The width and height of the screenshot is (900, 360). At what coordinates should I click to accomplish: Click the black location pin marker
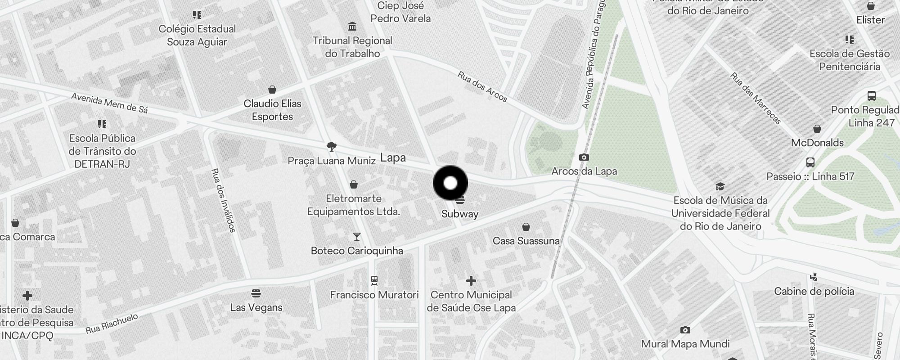click(x=450, y=183)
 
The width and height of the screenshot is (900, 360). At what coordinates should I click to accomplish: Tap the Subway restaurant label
click(x=459, y=214)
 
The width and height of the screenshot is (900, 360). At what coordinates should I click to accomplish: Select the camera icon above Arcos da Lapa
click(x=584, y=157)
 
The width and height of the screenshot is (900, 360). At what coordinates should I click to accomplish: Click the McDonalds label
click(x=817, y=143)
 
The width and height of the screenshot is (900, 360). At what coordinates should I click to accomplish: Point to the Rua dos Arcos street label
click(x=482, y=86)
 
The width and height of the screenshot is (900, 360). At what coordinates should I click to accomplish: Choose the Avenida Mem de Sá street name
click(x=109, y=103)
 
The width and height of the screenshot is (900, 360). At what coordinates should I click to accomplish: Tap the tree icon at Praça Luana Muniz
click(x=332, y=146)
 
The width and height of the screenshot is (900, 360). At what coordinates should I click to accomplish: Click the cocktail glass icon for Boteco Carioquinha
click(x=357, y=236)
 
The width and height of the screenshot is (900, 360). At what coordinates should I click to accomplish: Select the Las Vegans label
click(x=256, y=307)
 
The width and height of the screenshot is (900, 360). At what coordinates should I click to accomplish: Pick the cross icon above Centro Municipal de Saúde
click(x=471, y=281)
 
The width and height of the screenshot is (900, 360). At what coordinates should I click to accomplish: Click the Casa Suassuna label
click(x=526, y=241)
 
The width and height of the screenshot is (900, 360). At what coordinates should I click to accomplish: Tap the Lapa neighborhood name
click(x=393, y=157)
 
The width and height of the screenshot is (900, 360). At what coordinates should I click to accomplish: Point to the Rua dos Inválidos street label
click(x=223, y=200)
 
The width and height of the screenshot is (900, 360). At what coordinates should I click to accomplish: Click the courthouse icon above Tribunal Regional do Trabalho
click(x=352, y=26)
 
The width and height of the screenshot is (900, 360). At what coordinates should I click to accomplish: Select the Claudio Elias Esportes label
click(x=272, y=110)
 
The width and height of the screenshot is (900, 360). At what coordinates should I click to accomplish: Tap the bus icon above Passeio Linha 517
click(x=810, y=162)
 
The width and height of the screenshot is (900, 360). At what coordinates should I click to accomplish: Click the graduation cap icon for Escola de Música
click(x=720, y=186)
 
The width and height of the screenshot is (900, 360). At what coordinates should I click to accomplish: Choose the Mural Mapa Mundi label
click(x=685, y=344)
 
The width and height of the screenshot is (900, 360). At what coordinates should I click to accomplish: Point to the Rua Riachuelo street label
click(x=112, y=324)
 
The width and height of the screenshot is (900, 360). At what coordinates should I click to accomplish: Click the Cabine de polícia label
click(x=814, y=291)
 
